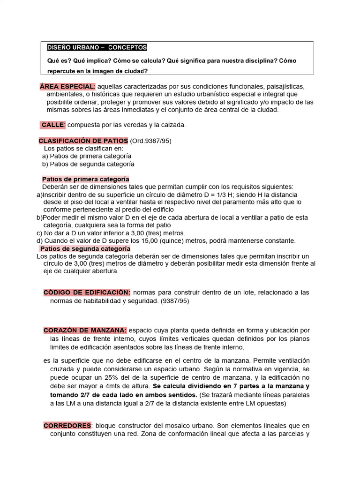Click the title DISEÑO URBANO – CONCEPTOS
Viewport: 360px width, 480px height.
pos(97,47)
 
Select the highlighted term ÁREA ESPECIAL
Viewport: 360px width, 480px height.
pos(67,87)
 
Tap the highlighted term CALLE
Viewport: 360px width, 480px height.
pos(52,125)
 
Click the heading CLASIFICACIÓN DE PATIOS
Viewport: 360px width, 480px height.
pos(83,141)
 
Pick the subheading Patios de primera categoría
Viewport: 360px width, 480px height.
pos(85,179)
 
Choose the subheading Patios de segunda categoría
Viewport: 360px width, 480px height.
pos(85,249)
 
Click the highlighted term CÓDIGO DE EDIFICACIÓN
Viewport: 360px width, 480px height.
pos(87,292)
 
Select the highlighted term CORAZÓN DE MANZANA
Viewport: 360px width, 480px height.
pos(85,330)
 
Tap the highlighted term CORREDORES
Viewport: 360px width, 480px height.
pos(67,426)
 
